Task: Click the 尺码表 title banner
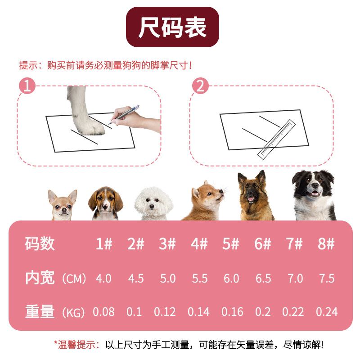pos(172,27)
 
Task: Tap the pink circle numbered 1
pos(27,85)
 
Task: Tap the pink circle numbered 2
pos(200,85)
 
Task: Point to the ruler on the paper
pos(276,139)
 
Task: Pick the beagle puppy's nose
pos(105,207)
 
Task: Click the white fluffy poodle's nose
pos(152,207)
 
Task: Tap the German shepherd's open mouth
pos(251,199)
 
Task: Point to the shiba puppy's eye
pos(210,194)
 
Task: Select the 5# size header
pos(230,243)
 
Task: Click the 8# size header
pos(326,243)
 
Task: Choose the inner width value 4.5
pos(136,279)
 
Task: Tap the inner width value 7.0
pos(295,279)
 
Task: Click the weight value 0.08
pos(103,312)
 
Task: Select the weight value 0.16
pos(232,312)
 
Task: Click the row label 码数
pos(40,243)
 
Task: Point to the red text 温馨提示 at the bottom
pos(76,345)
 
